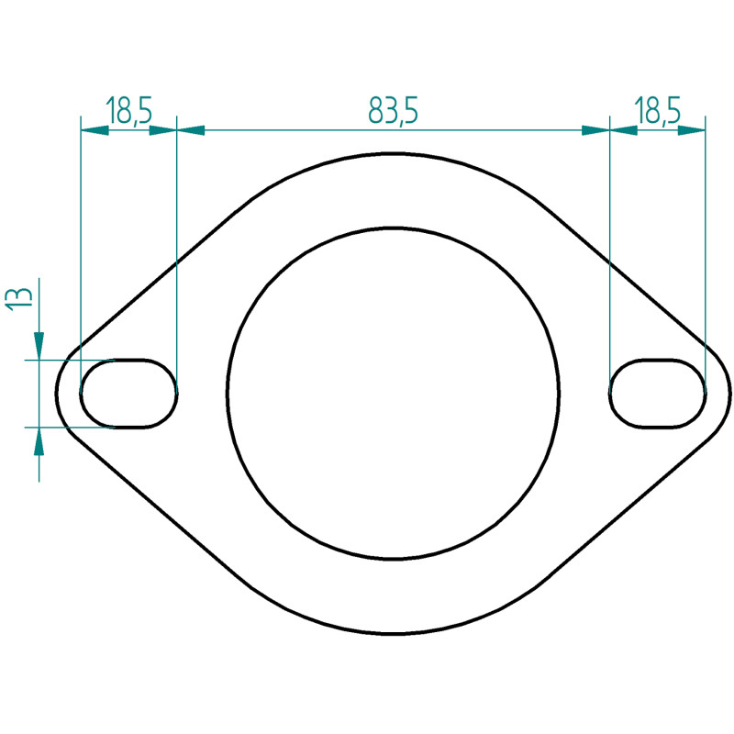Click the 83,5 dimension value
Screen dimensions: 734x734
(393, 111)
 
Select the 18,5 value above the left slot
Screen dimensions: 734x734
(129, 111)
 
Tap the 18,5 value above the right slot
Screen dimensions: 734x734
(657, 111)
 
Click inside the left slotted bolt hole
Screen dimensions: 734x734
(128, 394)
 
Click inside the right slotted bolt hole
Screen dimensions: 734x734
(657, 394)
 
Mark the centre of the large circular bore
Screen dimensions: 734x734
(393, 394)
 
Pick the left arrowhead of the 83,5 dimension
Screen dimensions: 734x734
(191, 130)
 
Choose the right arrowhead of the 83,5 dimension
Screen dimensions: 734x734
(595, 130)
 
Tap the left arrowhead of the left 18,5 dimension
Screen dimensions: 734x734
(95, 130)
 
